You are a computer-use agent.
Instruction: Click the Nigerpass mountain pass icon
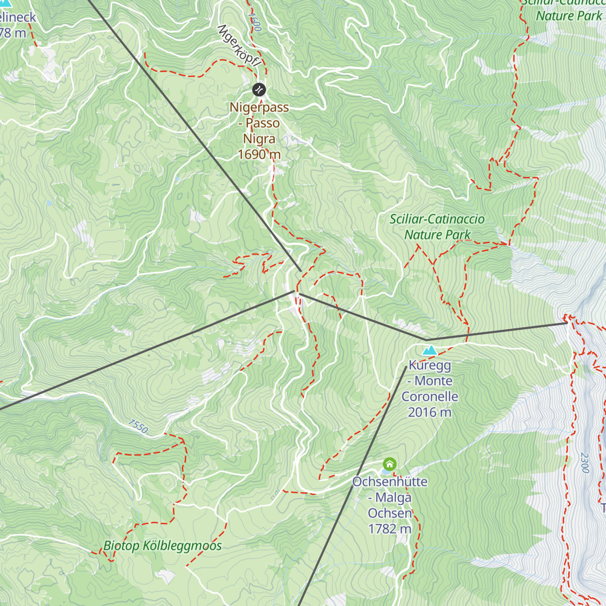[x=259, y=90]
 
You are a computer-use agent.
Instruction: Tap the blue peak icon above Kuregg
[x=430, y=350]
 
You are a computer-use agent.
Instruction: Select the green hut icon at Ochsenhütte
[x=389, y=464]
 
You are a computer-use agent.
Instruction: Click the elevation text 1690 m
[x=259, y=155]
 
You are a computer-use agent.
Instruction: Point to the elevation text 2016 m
[x=430, y=412]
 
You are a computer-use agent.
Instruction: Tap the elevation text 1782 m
[x=389, y=529]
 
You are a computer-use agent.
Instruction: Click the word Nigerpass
[x=259, y=107]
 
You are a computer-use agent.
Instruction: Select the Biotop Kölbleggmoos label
[x=162, y=545]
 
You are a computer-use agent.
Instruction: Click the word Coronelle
[x=430, y=396]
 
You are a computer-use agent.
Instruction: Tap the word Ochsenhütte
[x=390, y=482]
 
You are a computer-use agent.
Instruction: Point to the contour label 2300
[x=585, y=463]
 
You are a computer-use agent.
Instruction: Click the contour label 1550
[x=138, y=426]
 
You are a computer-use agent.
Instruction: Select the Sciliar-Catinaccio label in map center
[x=437, y=219]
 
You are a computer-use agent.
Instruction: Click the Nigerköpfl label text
[x=238, y=45]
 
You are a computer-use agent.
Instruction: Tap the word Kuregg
[x=430, y=365]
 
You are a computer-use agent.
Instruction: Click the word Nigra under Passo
[x=259, y=139]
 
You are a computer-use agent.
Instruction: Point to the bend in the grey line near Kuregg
[x=427, y=340]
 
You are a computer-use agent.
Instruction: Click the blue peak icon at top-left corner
[x=6, y=3]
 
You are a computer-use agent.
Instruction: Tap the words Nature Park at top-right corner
[x=569, y=16]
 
